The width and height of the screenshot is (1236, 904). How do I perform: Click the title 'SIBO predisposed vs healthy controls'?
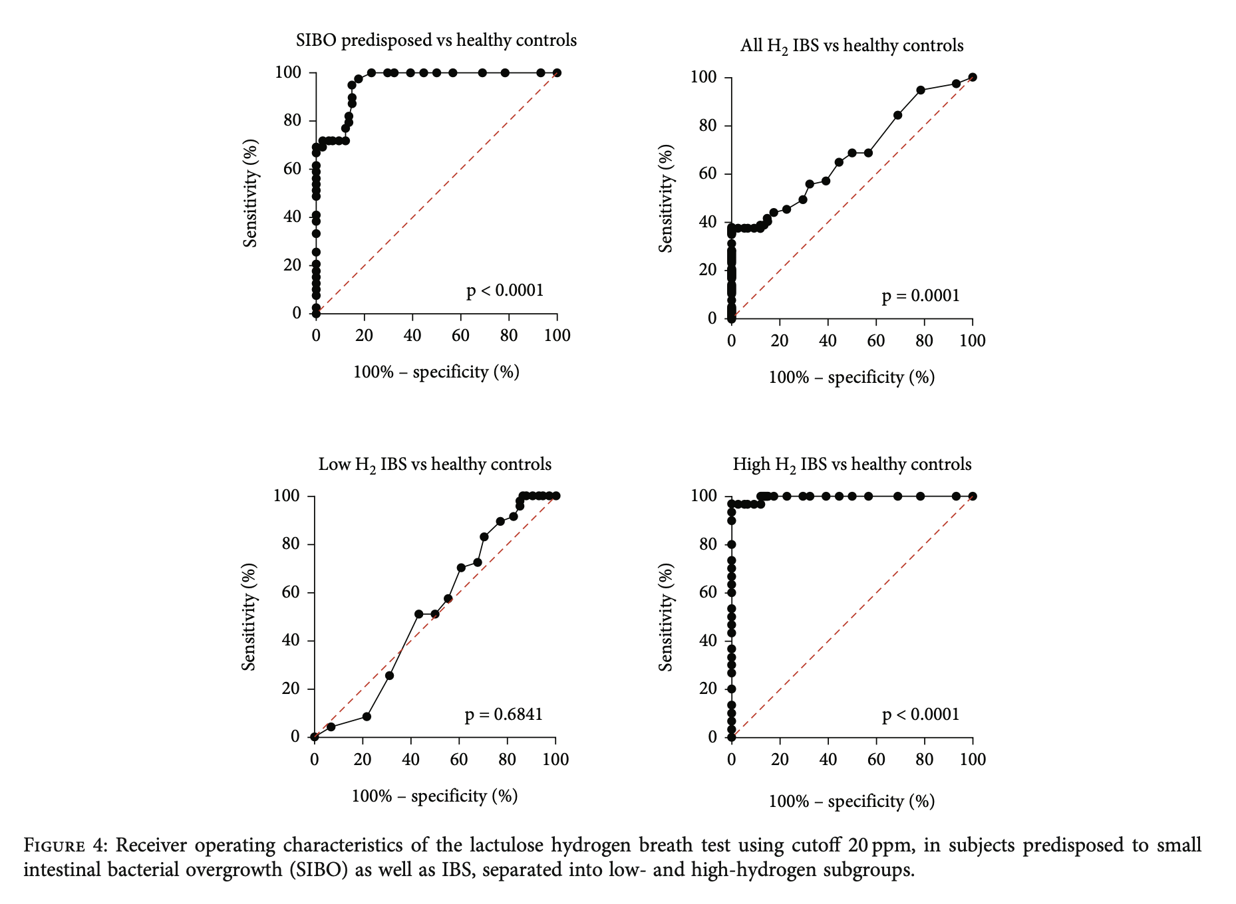tap(436, 41)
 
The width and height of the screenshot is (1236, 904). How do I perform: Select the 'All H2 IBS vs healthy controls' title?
tap(851, 46)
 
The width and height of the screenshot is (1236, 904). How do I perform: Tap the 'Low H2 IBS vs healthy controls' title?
tap(434, 464)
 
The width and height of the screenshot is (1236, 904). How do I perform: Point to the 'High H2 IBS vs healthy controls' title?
tap(851, 464)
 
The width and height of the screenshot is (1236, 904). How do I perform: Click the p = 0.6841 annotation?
tap(504, 715)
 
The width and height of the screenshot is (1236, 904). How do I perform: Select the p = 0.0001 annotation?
tap(921, 296)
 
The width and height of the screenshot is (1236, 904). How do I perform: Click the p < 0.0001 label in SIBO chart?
tap(505, 290)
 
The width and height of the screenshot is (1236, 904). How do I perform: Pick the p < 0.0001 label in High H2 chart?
tap(921, 715)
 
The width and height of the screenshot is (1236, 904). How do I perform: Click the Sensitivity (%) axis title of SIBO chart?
tap(250, 193)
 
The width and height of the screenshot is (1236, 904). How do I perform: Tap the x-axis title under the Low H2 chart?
tap(434, 796)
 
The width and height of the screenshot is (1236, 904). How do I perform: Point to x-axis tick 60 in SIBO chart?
tap(460, 335)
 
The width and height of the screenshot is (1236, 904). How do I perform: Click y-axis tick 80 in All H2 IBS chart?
tap(707, 126)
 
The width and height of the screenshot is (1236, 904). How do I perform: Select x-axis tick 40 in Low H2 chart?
tap(410, 759)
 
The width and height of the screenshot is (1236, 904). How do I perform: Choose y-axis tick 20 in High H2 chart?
tap(707, 689)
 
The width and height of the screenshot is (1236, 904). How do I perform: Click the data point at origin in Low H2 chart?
tap(315, 736)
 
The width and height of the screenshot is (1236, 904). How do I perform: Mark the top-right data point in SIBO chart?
tap(557, 72)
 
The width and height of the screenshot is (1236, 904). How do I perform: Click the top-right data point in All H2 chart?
tap(973, 77)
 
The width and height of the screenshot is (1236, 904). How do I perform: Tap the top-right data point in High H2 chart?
tap(973, 496)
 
